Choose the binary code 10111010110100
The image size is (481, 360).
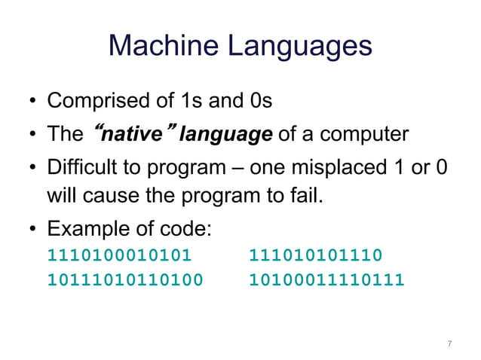click(x=125, y=281)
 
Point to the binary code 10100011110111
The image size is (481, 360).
click(x=326, y=281)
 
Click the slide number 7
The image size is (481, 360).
click(x=449, y=344)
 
